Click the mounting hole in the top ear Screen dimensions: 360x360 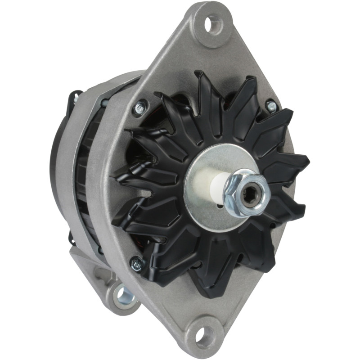click(211, 24)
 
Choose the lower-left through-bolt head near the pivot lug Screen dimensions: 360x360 click(136, 263)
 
